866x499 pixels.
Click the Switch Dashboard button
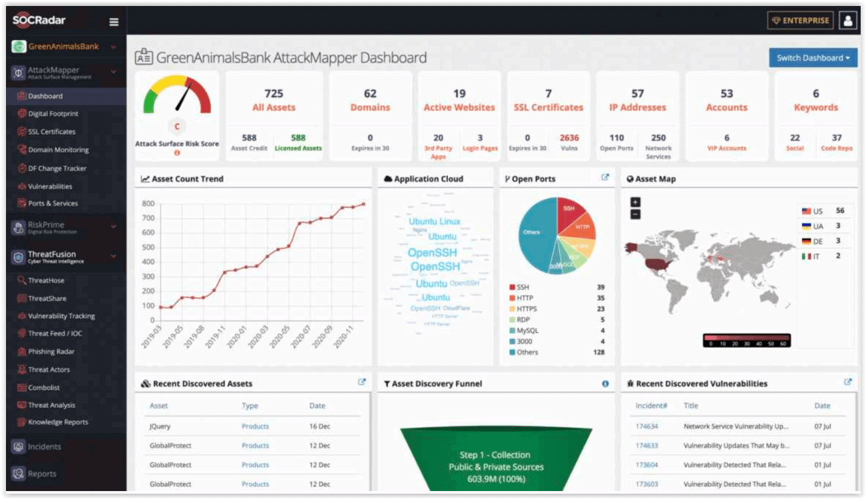813,58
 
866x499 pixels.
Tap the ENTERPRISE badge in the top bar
800,21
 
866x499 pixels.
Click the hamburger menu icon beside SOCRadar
114,22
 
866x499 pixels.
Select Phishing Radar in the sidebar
51,351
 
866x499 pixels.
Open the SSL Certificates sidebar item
51,132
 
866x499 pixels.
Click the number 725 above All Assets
274,94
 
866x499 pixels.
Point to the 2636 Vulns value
569,138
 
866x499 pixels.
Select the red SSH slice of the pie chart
569,209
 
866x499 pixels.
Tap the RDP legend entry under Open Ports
523,320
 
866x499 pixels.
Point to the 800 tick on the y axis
148,204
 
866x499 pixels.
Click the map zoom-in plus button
635,202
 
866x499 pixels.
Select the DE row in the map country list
823,242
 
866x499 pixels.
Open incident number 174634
646,426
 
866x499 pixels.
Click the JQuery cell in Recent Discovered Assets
160,426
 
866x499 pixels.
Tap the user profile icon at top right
847,21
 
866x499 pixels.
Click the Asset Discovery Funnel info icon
605,384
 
